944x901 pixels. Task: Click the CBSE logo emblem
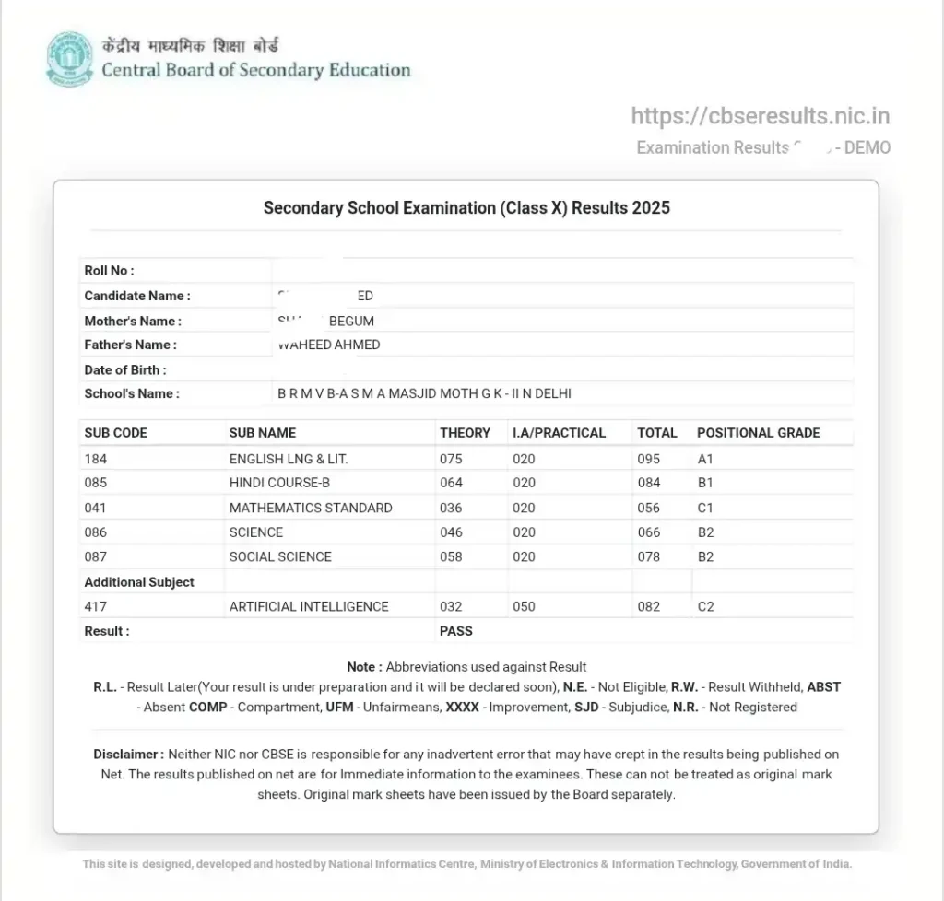coord(70,59)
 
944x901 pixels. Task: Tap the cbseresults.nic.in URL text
coord(760,116)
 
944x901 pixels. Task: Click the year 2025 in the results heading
coord(650,208)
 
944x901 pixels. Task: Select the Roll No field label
coord(109,271)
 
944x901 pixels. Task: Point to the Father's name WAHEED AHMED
coord(329,345)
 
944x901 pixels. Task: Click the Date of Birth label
coord(125,369)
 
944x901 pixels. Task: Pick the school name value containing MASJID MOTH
coord(424,393)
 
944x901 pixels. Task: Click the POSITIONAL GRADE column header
coord(758,433)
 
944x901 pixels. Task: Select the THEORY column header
coord(465,433)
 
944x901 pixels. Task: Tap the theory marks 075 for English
coord(452,459)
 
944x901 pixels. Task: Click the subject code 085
coord(95,483)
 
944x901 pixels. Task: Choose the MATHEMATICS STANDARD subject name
coord(311,508)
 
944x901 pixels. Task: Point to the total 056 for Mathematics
coord(649,508)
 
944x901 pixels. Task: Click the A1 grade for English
coord(705,459)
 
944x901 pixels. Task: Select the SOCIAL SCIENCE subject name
coord(280,556)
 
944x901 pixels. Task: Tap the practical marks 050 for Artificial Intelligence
coord(524,606)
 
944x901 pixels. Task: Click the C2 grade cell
coord(705,606)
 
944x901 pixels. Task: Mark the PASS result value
coord(456,631)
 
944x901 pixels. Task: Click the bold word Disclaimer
coord(128,755)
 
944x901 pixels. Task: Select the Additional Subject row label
coord(139,582)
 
